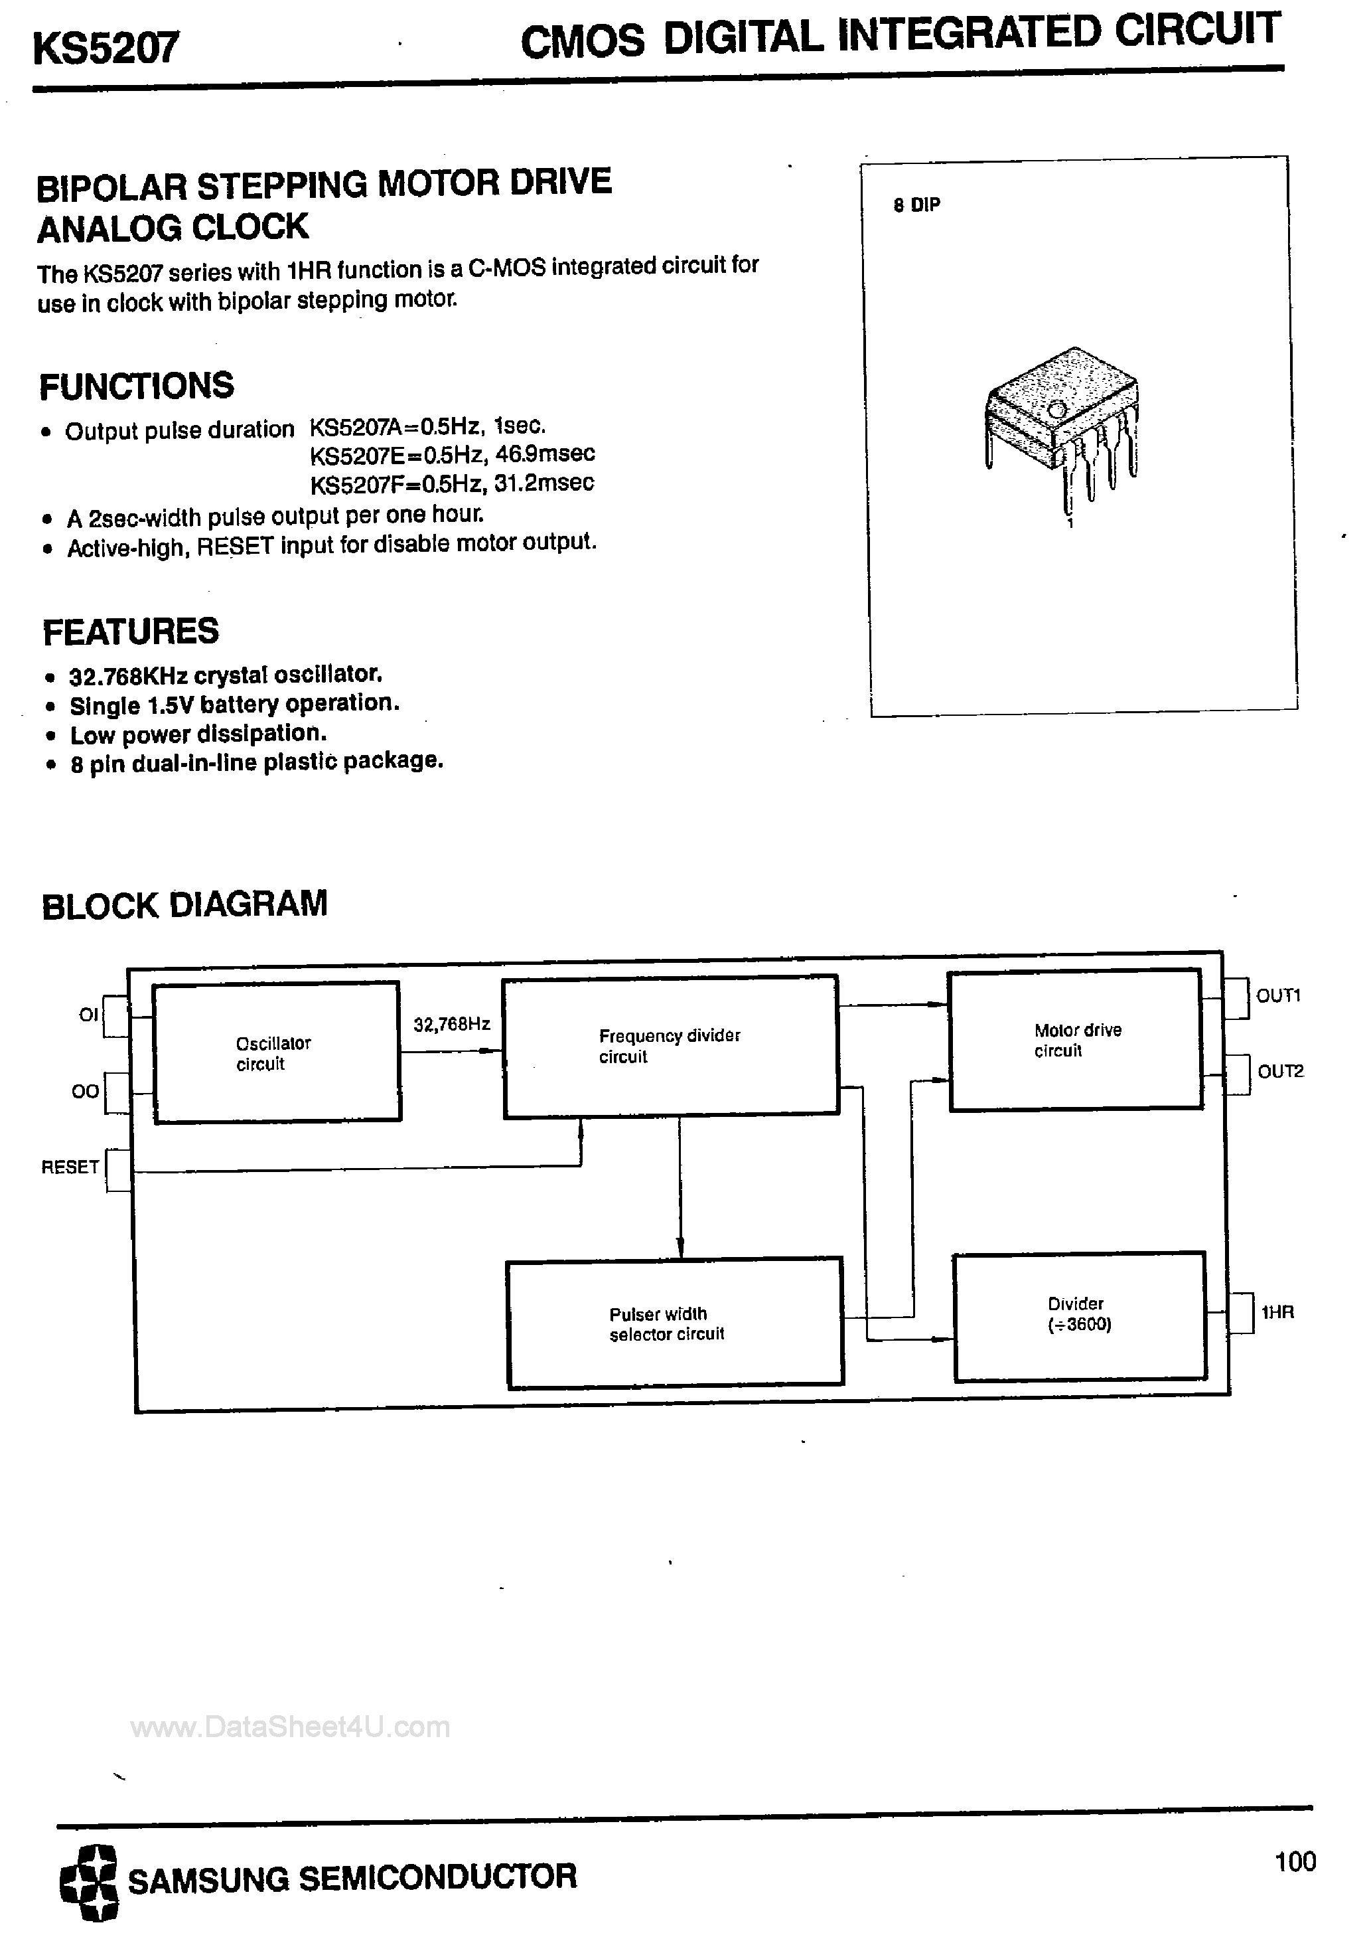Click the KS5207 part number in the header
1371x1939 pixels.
tap(106, 47)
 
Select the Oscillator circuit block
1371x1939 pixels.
tap(276, 1053)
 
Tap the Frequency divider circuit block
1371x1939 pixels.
tap(670, 1045)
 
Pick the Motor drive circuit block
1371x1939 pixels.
tap(1076, 1040)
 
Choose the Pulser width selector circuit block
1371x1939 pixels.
tap(674, 1323)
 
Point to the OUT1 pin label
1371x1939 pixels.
tap(1278, 995)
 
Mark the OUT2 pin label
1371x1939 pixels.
tap(1280, 1072)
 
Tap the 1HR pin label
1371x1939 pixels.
tap(1277, 1312)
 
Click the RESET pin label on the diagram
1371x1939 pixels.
tap(70, 1167)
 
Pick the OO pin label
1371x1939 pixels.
tap(84, 1091)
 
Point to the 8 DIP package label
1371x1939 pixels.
tap(916, 205)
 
